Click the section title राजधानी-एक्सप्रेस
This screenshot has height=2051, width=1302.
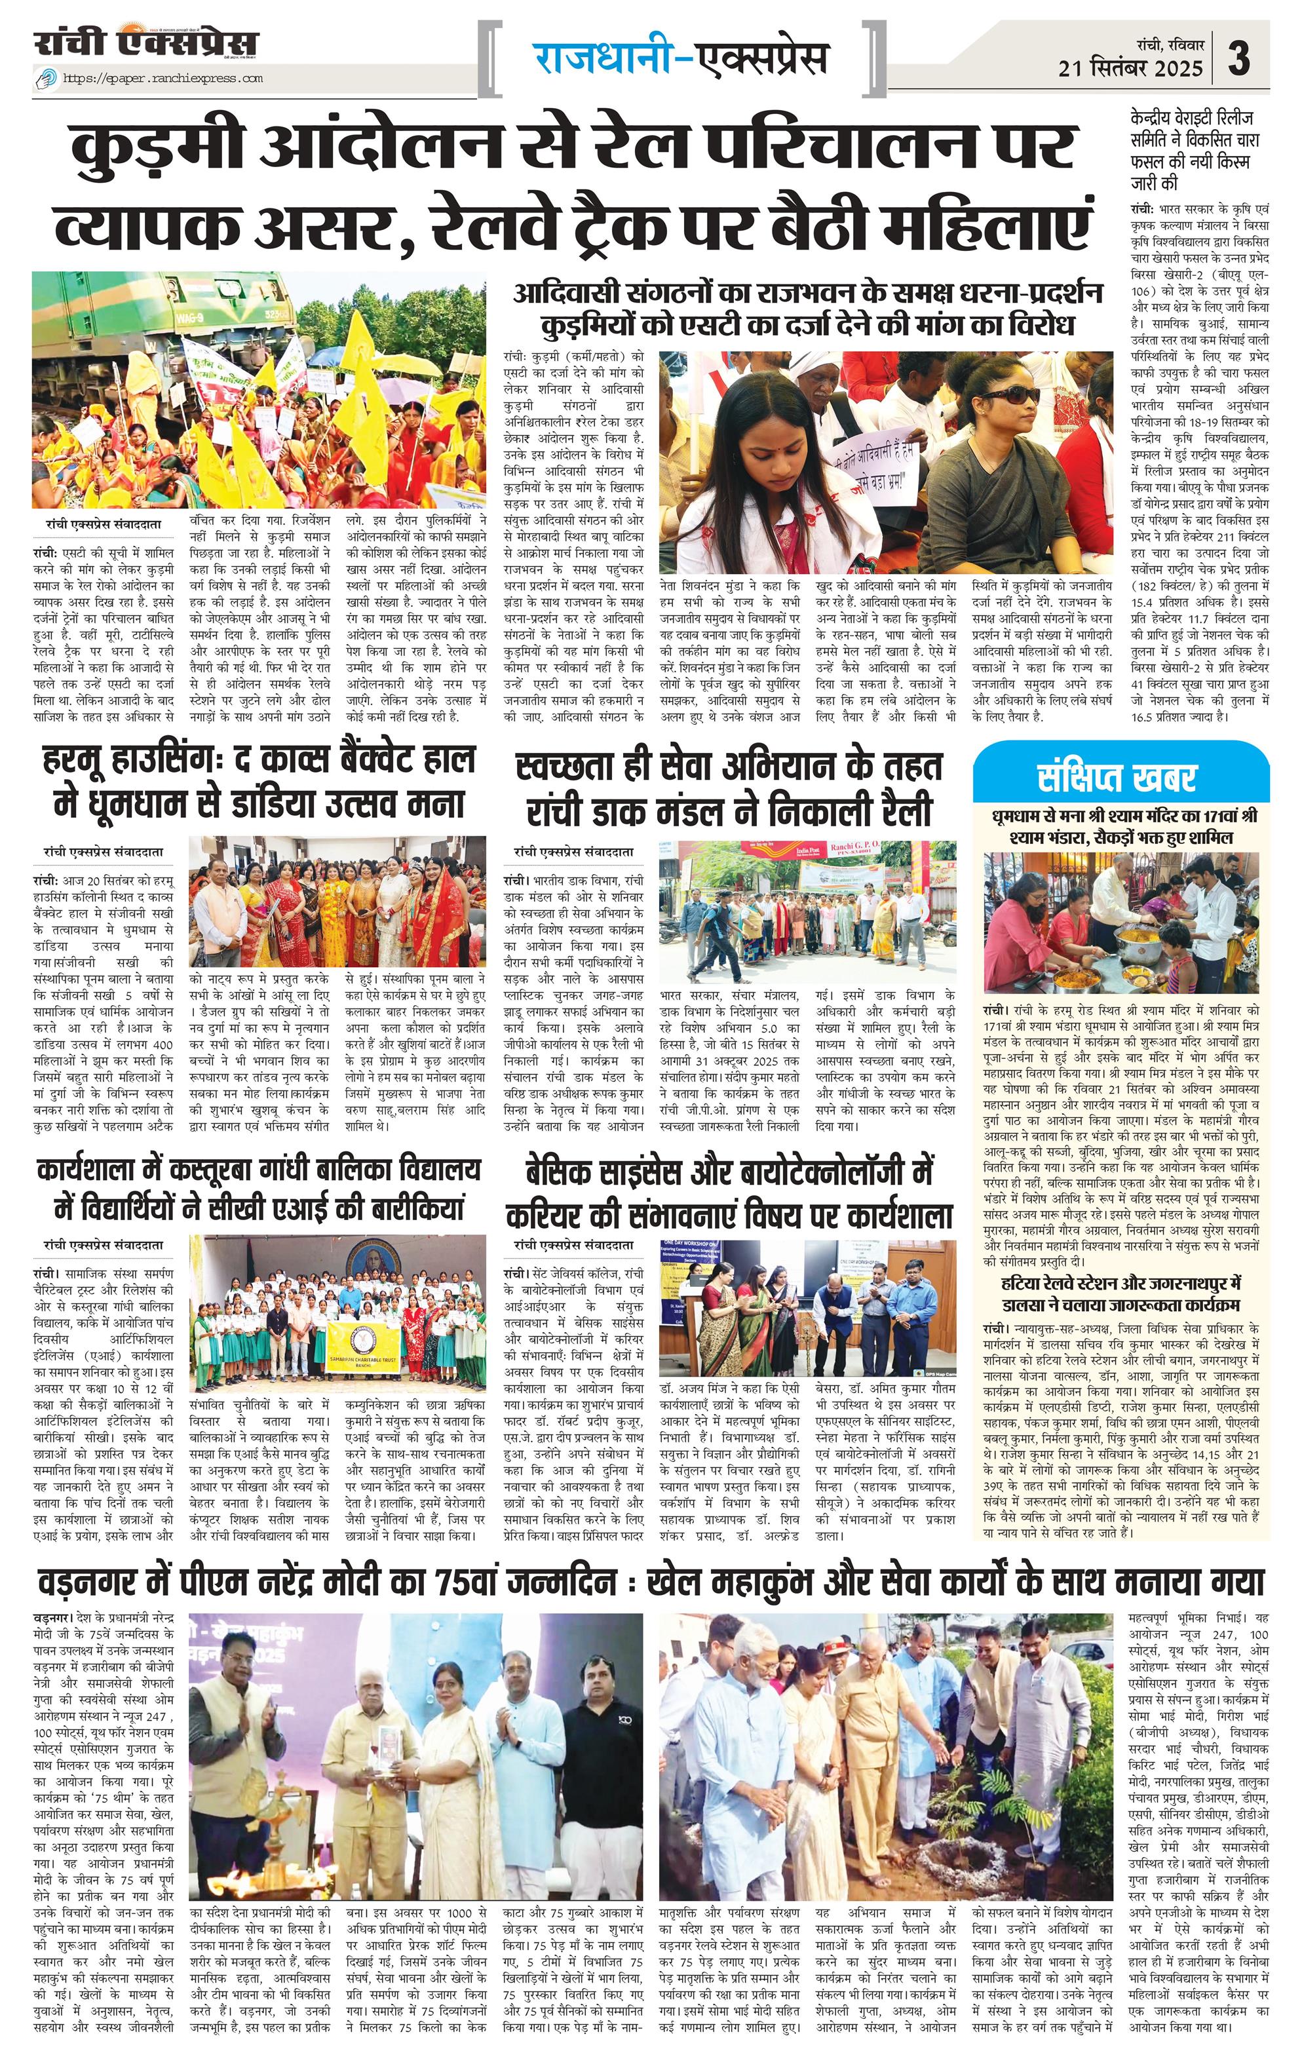(x=681, y=59)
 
